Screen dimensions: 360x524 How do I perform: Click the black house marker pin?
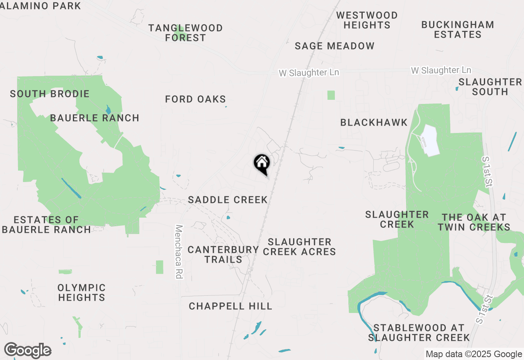click(x=262, y=163)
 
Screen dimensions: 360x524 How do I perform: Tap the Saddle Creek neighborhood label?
click(x=228, y=200)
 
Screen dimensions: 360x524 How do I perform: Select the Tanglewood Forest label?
click(x=185, y=33)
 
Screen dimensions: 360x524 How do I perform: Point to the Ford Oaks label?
click(x=195, y=99)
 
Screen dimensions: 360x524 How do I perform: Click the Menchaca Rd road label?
click(x=178, y=252)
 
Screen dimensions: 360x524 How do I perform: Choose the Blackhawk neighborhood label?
click(x=374, y=122)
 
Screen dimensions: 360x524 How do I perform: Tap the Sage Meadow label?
click(x=334, y=46)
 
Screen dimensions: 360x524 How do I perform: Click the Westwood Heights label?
click(x=367, y=20)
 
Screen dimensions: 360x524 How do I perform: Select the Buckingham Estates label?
click(x=457, y=29)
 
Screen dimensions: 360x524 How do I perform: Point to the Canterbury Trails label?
click(x=223, y=254)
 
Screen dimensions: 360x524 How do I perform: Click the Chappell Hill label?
click(x=230, y=306)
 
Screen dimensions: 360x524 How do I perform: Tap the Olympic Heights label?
click(x=81, y=292)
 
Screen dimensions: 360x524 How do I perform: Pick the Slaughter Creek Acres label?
click(x=299, y=247)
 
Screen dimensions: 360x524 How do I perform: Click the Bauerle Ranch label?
click(x=95, y=118)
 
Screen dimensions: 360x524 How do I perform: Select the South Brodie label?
click(x=50, y=94)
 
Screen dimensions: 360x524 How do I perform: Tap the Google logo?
click(x=27, y=351)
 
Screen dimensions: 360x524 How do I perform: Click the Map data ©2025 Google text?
click(x=474, y=354)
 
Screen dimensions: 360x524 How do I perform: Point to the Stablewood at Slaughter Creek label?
click(x=419, y=333)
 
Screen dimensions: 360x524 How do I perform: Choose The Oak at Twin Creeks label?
click(x=474, y=222)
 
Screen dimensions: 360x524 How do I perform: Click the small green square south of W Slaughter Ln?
click(x=331, y=95)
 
